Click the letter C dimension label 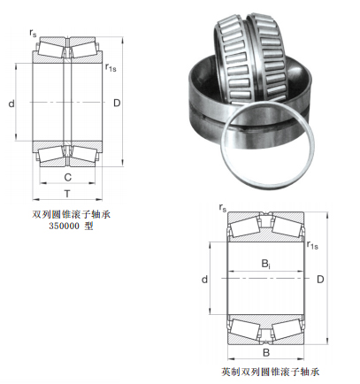tap(68, 177)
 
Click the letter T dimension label tap(67, 194)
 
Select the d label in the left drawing tap(11, 104)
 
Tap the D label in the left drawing tap(117, 103)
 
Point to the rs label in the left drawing tap(33, 33)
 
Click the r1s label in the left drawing tap(111, 67)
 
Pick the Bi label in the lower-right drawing tap(266, 264)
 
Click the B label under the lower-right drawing tap(266, 352)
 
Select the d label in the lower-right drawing tap(204, 280)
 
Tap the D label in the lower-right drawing tap(320, 279)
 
